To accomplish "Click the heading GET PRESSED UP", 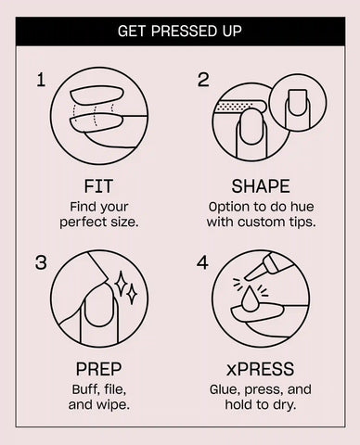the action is pos(180,32).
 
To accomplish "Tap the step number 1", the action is pos(41,80).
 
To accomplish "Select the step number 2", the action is pos(203,80).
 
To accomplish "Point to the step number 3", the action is pos(41,262).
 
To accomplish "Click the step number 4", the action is pos(202,262).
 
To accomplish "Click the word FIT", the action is pos(98,186).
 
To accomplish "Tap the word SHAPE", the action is pos(261,186).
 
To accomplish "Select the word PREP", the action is pos(98,369).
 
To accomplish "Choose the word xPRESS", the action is pos(261,369).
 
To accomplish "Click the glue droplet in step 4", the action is pos(251,298).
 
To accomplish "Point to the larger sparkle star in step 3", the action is pos(121,284).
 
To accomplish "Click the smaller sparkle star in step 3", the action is pos(133,295).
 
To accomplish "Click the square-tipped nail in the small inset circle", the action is pos(298,103).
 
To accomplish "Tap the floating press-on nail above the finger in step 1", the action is pos(96,95).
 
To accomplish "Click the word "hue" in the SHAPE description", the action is pos(303,207).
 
